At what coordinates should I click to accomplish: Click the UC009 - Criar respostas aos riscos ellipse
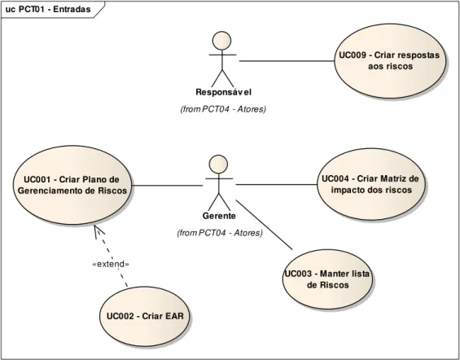[x=390, y=61]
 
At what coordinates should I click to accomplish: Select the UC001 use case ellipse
[x=72, y=185]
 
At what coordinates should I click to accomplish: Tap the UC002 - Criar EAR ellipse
[x=145, y=316]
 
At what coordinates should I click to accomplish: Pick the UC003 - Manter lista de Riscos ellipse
[x=327, y=279]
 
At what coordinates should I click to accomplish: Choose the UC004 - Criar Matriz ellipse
[x=370, y=184]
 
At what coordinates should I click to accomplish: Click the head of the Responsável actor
[x=221, y=41]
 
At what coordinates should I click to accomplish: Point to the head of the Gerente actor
[x=218, y=165]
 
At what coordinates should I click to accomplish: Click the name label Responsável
[x=224, y=92]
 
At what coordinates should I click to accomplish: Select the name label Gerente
[x=219, y=216]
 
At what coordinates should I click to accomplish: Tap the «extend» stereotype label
[x=111, y=264]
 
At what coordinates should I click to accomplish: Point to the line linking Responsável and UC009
[x=287, y=61]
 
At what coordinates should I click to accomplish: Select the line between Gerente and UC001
[x=167, y=186]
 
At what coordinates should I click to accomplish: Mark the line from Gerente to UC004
[x=277, y=185]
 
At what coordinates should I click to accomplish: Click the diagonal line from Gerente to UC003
[x=265, y=225]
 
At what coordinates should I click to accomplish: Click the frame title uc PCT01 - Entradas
[x=48, y=10]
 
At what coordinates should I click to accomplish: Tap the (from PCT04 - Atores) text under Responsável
[x=223, y=109]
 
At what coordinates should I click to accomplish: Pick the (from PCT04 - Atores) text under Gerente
[x=220, y=233]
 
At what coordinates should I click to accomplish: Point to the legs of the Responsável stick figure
[x=222, y=79]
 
